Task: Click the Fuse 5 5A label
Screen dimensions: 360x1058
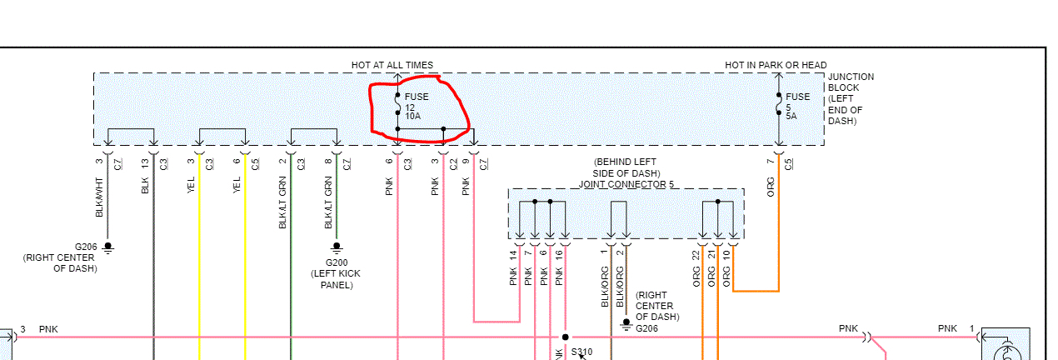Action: [x=797, y=107]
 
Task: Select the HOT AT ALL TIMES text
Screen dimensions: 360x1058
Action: [x=392, y=65]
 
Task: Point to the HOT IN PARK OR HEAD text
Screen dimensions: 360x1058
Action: [x=776, y=65]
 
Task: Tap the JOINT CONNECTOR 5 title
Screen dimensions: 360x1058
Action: [x=626, y=184]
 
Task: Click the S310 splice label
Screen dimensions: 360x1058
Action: [x=581, y=352]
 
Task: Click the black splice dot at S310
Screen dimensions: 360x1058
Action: [x=566, y=337]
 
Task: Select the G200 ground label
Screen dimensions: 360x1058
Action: [x=337, y=262]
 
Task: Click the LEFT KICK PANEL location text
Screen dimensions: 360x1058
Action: [x=337, y=279]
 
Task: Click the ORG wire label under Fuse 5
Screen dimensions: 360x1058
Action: [x=771, y=186]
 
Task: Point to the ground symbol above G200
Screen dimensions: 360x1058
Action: [x=337, y=247]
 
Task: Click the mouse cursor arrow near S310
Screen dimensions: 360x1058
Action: [x=582, y=357]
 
